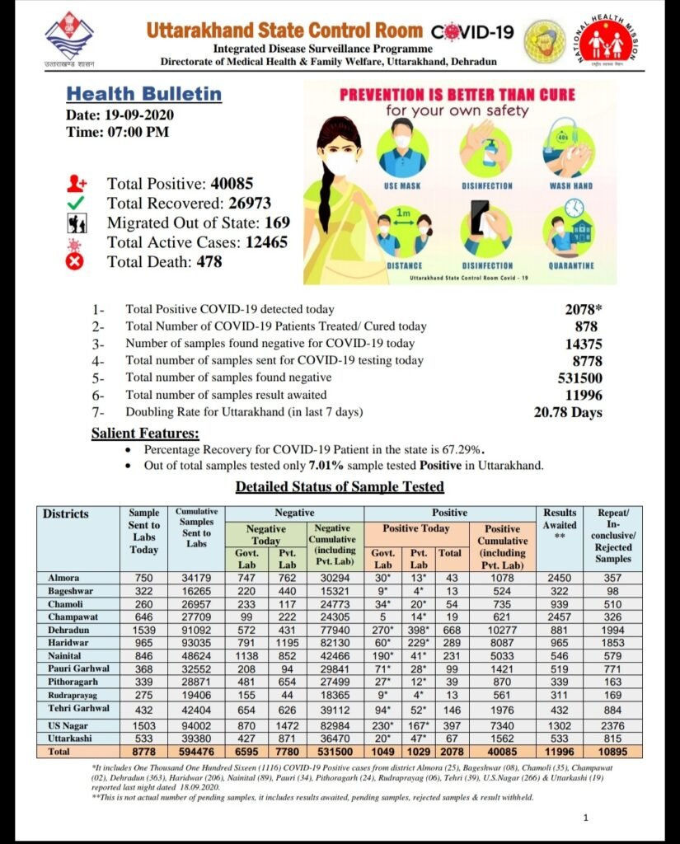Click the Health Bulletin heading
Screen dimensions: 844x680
[143, 94]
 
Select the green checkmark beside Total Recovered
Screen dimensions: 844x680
[77, 204]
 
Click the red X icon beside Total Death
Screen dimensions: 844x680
[76, 262]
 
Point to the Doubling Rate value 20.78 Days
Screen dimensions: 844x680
[568, 412]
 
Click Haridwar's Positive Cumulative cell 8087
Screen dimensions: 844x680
[502, 641]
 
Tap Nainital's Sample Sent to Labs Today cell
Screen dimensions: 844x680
[144, 654]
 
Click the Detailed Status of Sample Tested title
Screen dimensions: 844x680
[340, 487]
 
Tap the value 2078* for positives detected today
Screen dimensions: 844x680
[583, 309]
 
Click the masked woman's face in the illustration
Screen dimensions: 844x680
[340, 157]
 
